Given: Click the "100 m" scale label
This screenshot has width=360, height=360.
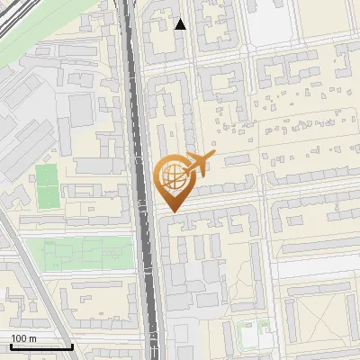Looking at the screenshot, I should point(23,338).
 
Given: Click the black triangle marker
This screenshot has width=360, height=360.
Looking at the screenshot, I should point(181,24).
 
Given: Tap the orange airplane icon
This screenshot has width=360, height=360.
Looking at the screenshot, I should point(200,163).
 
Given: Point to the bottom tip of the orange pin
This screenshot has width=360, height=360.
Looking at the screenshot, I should point(171,211).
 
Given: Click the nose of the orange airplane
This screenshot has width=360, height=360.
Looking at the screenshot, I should point(215,153).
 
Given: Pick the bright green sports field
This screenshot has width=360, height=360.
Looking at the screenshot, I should point(47,184).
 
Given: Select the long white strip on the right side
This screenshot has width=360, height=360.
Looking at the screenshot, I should point(315,268).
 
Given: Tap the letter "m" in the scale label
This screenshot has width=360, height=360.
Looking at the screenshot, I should point(31,338).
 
